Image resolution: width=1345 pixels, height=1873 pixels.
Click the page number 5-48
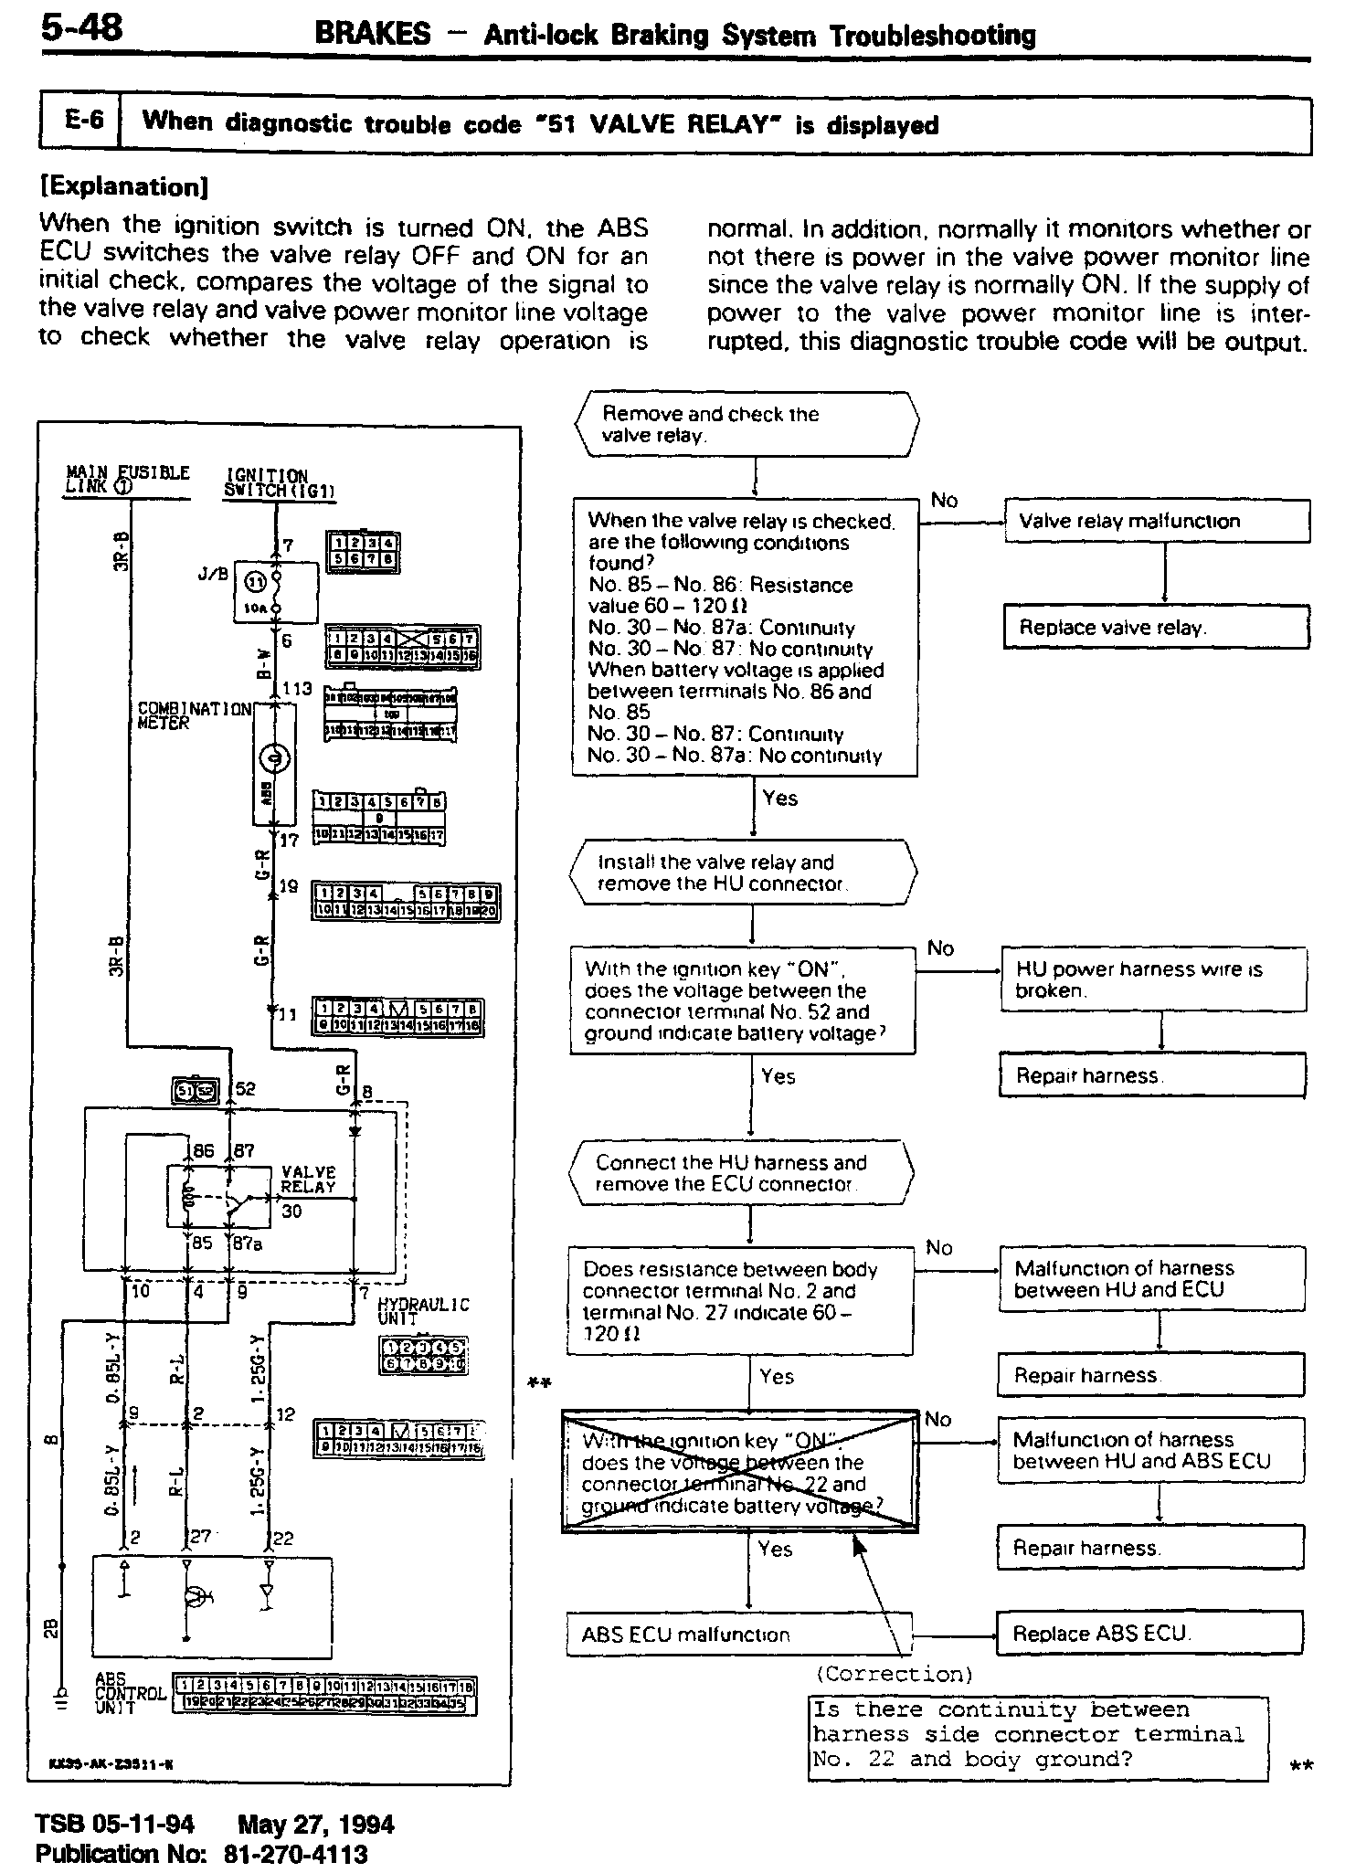coord(81,29)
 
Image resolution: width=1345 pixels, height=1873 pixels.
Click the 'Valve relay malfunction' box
coord(1157,521)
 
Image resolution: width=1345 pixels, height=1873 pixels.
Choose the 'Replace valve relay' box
coord(1157,628)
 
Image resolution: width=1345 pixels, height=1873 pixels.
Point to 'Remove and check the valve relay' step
coord(747,424)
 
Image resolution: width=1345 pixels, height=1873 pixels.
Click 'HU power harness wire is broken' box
coord(1153,979)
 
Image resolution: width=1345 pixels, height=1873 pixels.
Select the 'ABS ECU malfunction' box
coord(739,1634)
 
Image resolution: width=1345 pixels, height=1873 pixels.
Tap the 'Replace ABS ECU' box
coord(1149,1633)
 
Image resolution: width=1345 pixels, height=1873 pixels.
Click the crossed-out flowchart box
coord(740,1472)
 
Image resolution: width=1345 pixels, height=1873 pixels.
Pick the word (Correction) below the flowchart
coord(894,1673)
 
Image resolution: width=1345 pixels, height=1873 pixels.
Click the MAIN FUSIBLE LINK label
coord(127,480)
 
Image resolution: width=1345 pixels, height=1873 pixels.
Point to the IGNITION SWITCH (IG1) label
coord(279,483)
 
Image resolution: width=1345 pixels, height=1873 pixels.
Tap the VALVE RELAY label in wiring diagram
coord(308,1180)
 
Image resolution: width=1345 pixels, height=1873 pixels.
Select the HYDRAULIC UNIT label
coord(423,1311)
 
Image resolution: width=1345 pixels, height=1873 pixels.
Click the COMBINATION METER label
coord(193,715)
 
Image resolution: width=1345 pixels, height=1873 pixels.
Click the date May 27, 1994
coord(316,1825)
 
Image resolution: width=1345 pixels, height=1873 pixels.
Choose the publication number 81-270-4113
coord(295,1854)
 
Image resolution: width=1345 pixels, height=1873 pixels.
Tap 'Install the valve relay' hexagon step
coord(743,873)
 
